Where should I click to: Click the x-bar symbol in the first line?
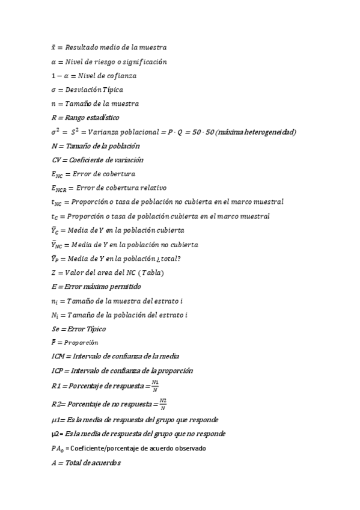(x=54, y=47)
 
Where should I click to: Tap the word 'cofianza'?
(x=121, y=76)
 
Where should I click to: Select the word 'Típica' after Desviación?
(x=111, y=90)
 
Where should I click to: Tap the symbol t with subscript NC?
(x=57, y=203)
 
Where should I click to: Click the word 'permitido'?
(x=123, y=287)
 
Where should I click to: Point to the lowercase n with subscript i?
(x=55, y=301)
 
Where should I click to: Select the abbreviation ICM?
(x=60, y=357)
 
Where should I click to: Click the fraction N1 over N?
(x=155, y=385)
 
